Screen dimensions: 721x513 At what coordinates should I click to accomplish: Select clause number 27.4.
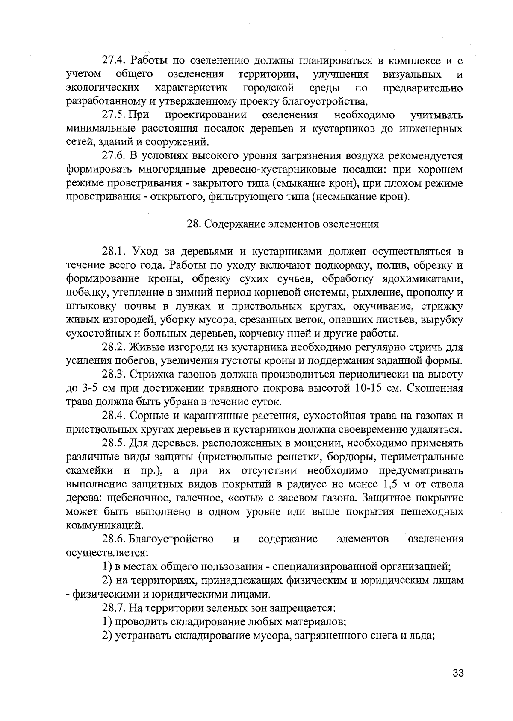[114, 61]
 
